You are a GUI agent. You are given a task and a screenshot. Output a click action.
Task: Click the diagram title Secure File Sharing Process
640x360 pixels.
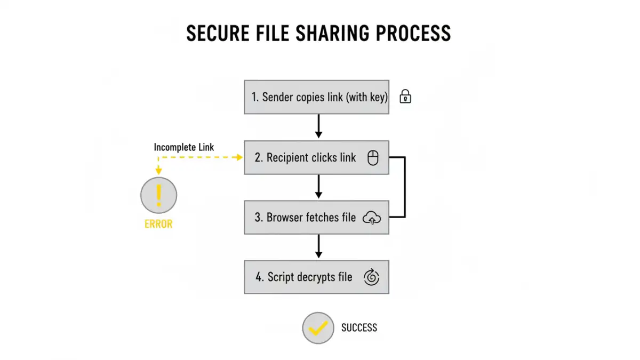point(318,34)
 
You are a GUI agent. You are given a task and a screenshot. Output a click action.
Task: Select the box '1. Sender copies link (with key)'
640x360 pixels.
point(316,97)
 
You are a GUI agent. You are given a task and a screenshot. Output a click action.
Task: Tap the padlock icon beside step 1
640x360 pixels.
point(405,97)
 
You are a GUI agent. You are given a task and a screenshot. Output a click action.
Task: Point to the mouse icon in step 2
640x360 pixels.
point(373,158)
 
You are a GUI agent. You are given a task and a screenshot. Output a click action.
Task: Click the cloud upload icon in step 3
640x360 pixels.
point(372,218)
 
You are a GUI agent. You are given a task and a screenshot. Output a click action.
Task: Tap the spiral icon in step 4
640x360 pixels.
point(371,277)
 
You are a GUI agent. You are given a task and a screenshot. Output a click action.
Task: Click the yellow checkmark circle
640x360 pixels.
point(318,328)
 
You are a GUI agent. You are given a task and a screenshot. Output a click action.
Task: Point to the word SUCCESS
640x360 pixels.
point(359,327)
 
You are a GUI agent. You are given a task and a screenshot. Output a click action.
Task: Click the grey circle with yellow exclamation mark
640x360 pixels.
point(158,195)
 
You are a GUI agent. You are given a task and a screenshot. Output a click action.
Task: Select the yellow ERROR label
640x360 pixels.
point(158,224)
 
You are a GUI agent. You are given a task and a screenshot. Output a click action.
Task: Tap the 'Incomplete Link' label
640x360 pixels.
point(184,147)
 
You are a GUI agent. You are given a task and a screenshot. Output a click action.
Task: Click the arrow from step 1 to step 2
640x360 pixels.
point(318,127)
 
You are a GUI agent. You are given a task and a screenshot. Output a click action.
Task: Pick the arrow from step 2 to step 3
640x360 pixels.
point(318,187)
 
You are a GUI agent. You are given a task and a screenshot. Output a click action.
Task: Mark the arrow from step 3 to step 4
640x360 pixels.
point(318,246)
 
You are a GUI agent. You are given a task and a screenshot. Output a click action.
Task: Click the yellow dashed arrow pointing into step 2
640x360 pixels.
point(203,157)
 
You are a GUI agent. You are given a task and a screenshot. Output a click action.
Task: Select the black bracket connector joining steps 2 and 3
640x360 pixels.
point(405,187)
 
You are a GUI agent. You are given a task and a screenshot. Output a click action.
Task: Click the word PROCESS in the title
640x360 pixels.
point(413,34)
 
